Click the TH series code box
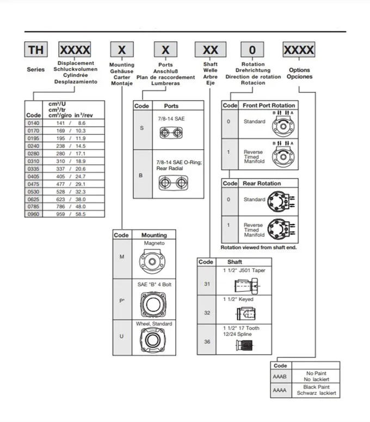pos(36,50)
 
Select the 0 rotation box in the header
pos(252,50)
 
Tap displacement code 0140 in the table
pos(33,124)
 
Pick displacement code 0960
pos(33,214)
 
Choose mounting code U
pos(121,336)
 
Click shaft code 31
pos(206,284)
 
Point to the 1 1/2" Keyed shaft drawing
pos(245,315)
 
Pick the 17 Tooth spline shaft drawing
pos(246,345)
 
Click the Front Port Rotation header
pos(268,105)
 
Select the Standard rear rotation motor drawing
pos(282,201)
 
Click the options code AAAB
pos(280,376)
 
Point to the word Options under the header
pos(299,70)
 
